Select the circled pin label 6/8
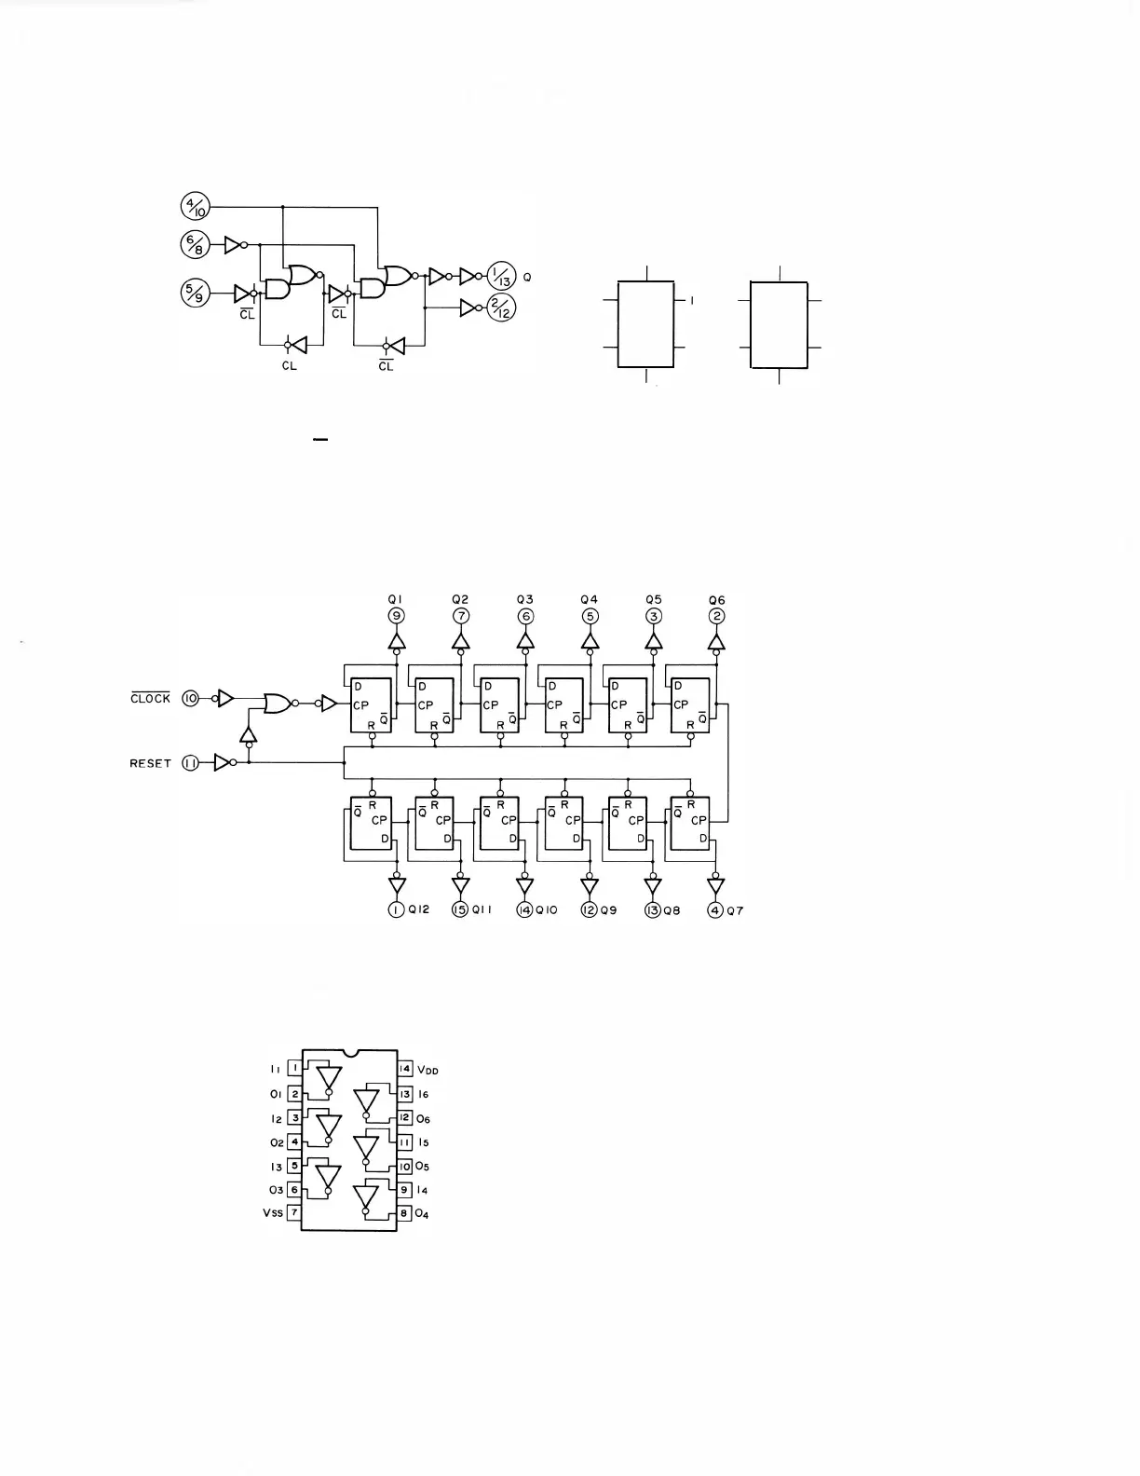(x=197, y=245)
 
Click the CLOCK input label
(x=151, y=699)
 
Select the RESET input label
(x=151, y=763)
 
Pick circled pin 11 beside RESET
(x=191, y=763)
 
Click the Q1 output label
(x=396, y=600)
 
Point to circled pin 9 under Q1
(x=396, y=616)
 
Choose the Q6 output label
(x=716, y=600)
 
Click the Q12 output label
(x=419, y=910)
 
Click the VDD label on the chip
(x=427, y=1070)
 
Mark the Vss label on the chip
(x=272, y=1213)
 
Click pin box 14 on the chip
(x=405, y=1069)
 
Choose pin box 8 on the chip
(x=405, y=1213)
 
